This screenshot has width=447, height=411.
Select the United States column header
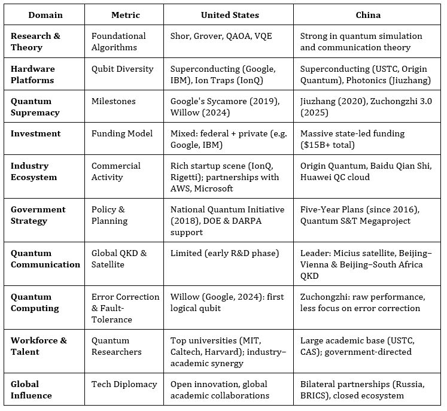[x=229, y=14]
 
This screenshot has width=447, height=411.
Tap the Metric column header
[x=125, y=14]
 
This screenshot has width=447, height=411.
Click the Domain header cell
[x=44, y=14]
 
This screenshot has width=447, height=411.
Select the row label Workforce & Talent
[x=39, y=346]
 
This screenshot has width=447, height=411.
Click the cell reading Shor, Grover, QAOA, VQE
[x=221, y=36]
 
